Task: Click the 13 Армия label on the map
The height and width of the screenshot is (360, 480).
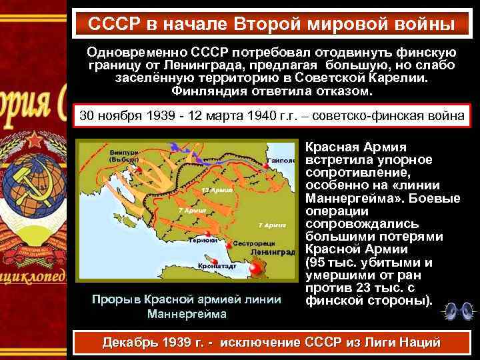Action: [x=214, y=189]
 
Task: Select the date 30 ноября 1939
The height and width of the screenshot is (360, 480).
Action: [x=121, y=115]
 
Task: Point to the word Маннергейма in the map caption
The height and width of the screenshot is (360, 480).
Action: [x=187, y=313]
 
